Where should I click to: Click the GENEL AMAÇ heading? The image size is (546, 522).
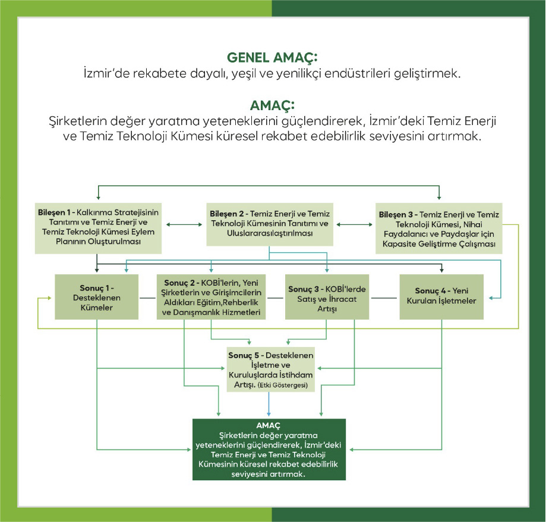pyautogui.click(x=272, y=58)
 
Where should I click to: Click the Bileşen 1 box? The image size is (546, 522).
pyautogui.click(x=98, y=228)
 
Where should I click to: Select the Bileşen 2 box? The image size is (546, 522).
pyautogui.click(x=270, y=224)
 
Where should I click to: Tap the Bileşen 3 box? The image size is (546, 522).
pyautogui.click(x=438, y=228)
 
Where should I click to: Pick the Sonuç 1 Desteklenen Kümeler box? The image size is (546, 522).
pyautogui.click(x=96, y=297)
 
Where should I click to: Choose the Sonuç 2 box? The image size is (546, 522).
pyautogui.click(x=211, y=297)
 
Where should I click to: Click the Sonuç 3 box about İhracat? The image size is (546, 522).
pyautogui.click(x=327, y=297)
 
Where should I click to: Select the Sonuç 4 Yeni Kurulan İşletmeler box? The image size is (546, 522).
pyautogui.click(x=441, y=297)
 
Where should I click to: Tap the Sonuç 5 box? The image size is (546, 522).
pyautogui.click(x=271, y=369)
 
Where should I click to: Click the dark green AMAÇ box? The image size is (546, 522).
pyautogui.click(x=269, y=449)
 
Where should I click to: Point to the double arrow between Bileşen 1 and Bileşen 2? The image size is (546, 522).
pyautogui.click(x=184, y=224)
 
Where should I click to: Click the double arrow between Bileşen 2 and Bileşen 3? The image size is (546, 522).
pyautogui.click(x=355, y=224)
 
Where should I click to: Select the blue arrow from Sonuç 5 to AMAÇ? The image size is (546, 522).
pyautogui.click(x=269, y=404)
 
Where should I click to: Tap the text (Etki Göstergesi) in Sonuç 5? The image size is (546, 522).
pyautogui.click(x=282, y=385)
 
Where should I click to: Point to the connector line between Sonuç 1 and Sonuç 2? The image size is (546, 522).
pyautogui.click(x=148, y=298)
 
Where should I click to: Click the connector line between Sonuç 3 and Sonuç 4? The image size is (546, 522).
pyautogui.click(x=384, y=298)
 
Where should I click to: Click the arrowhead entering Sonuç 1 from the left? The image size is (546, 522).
pyautogui.click(x=49, y=298)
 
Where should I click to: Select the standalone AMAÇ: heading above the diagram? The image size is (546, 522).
pyautogui.click(x=272, y=105)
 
